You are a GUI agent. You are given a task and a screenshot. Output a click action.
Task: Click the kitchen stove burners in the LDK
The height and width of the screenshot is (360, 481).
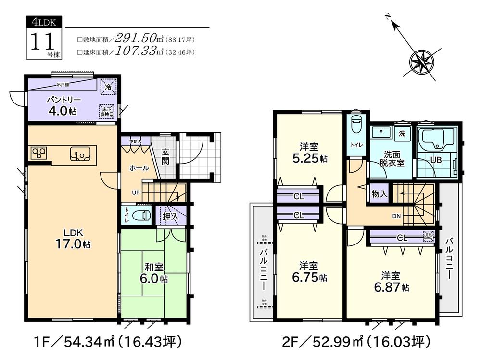pyautogui.click(x=39, y=154)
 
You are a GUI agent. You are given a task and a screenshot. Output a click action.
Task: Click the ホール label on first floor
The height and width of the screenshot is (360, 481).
pyautogui.click(x=139, y=168)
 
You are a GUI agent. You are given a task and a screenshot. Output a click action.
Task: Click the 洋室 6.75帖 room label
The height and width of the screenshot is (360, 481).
pyautogui.click(x=309, y=272)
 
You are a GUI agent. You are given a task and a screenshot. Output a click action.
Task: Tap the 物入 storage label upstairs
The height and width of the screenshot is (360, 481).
pyautogui.click(x=380, y=194)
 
